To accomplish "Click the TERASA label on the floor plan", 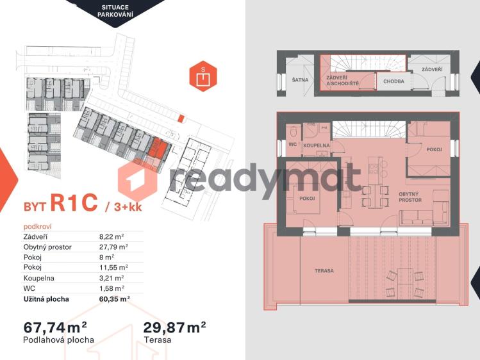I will tap(324, 271).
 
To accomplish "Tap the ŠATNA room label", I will tap(299, 80).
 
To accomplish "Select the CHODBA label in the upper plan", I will tap(393, 81).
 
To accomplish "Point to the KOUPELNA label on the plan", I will tap(317, 146).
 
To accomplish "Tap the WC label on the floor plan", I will tap(292, 146).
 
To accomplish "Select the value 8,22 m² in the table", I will tap(110, 236).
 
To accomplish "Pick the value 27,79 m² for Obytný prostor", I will tap(113, 247).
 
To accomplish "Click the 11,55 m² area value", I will tap(113, 267).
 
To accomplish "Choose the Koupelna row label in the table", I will tap(38, 277).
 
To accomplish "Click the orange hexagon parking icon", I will tap(203, 77).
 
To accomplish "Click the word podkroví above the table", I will tap(37, 226).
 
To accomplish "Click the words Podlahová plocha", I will tap(58, 340).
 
